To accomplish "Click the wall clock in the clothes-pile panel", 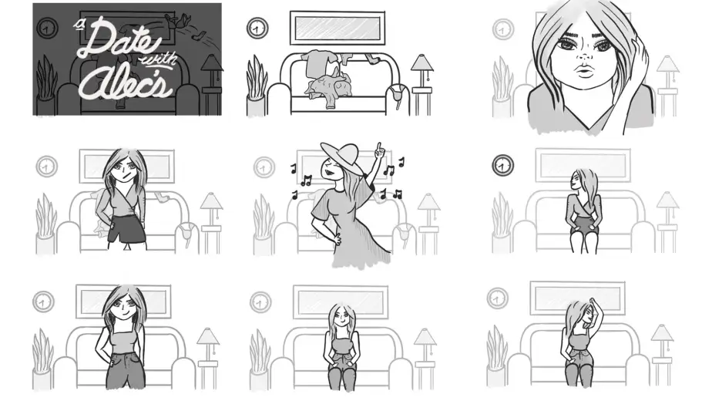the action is coord(257,29).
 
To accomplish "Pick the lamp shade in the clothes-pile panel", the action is coord(422,62).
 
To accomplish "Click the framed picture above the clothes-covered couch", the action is coord(337,29).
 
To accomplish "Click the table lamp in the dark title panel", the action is coord(212,68).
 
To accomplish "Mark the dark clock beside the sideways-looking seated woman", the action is coord(503,164).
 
